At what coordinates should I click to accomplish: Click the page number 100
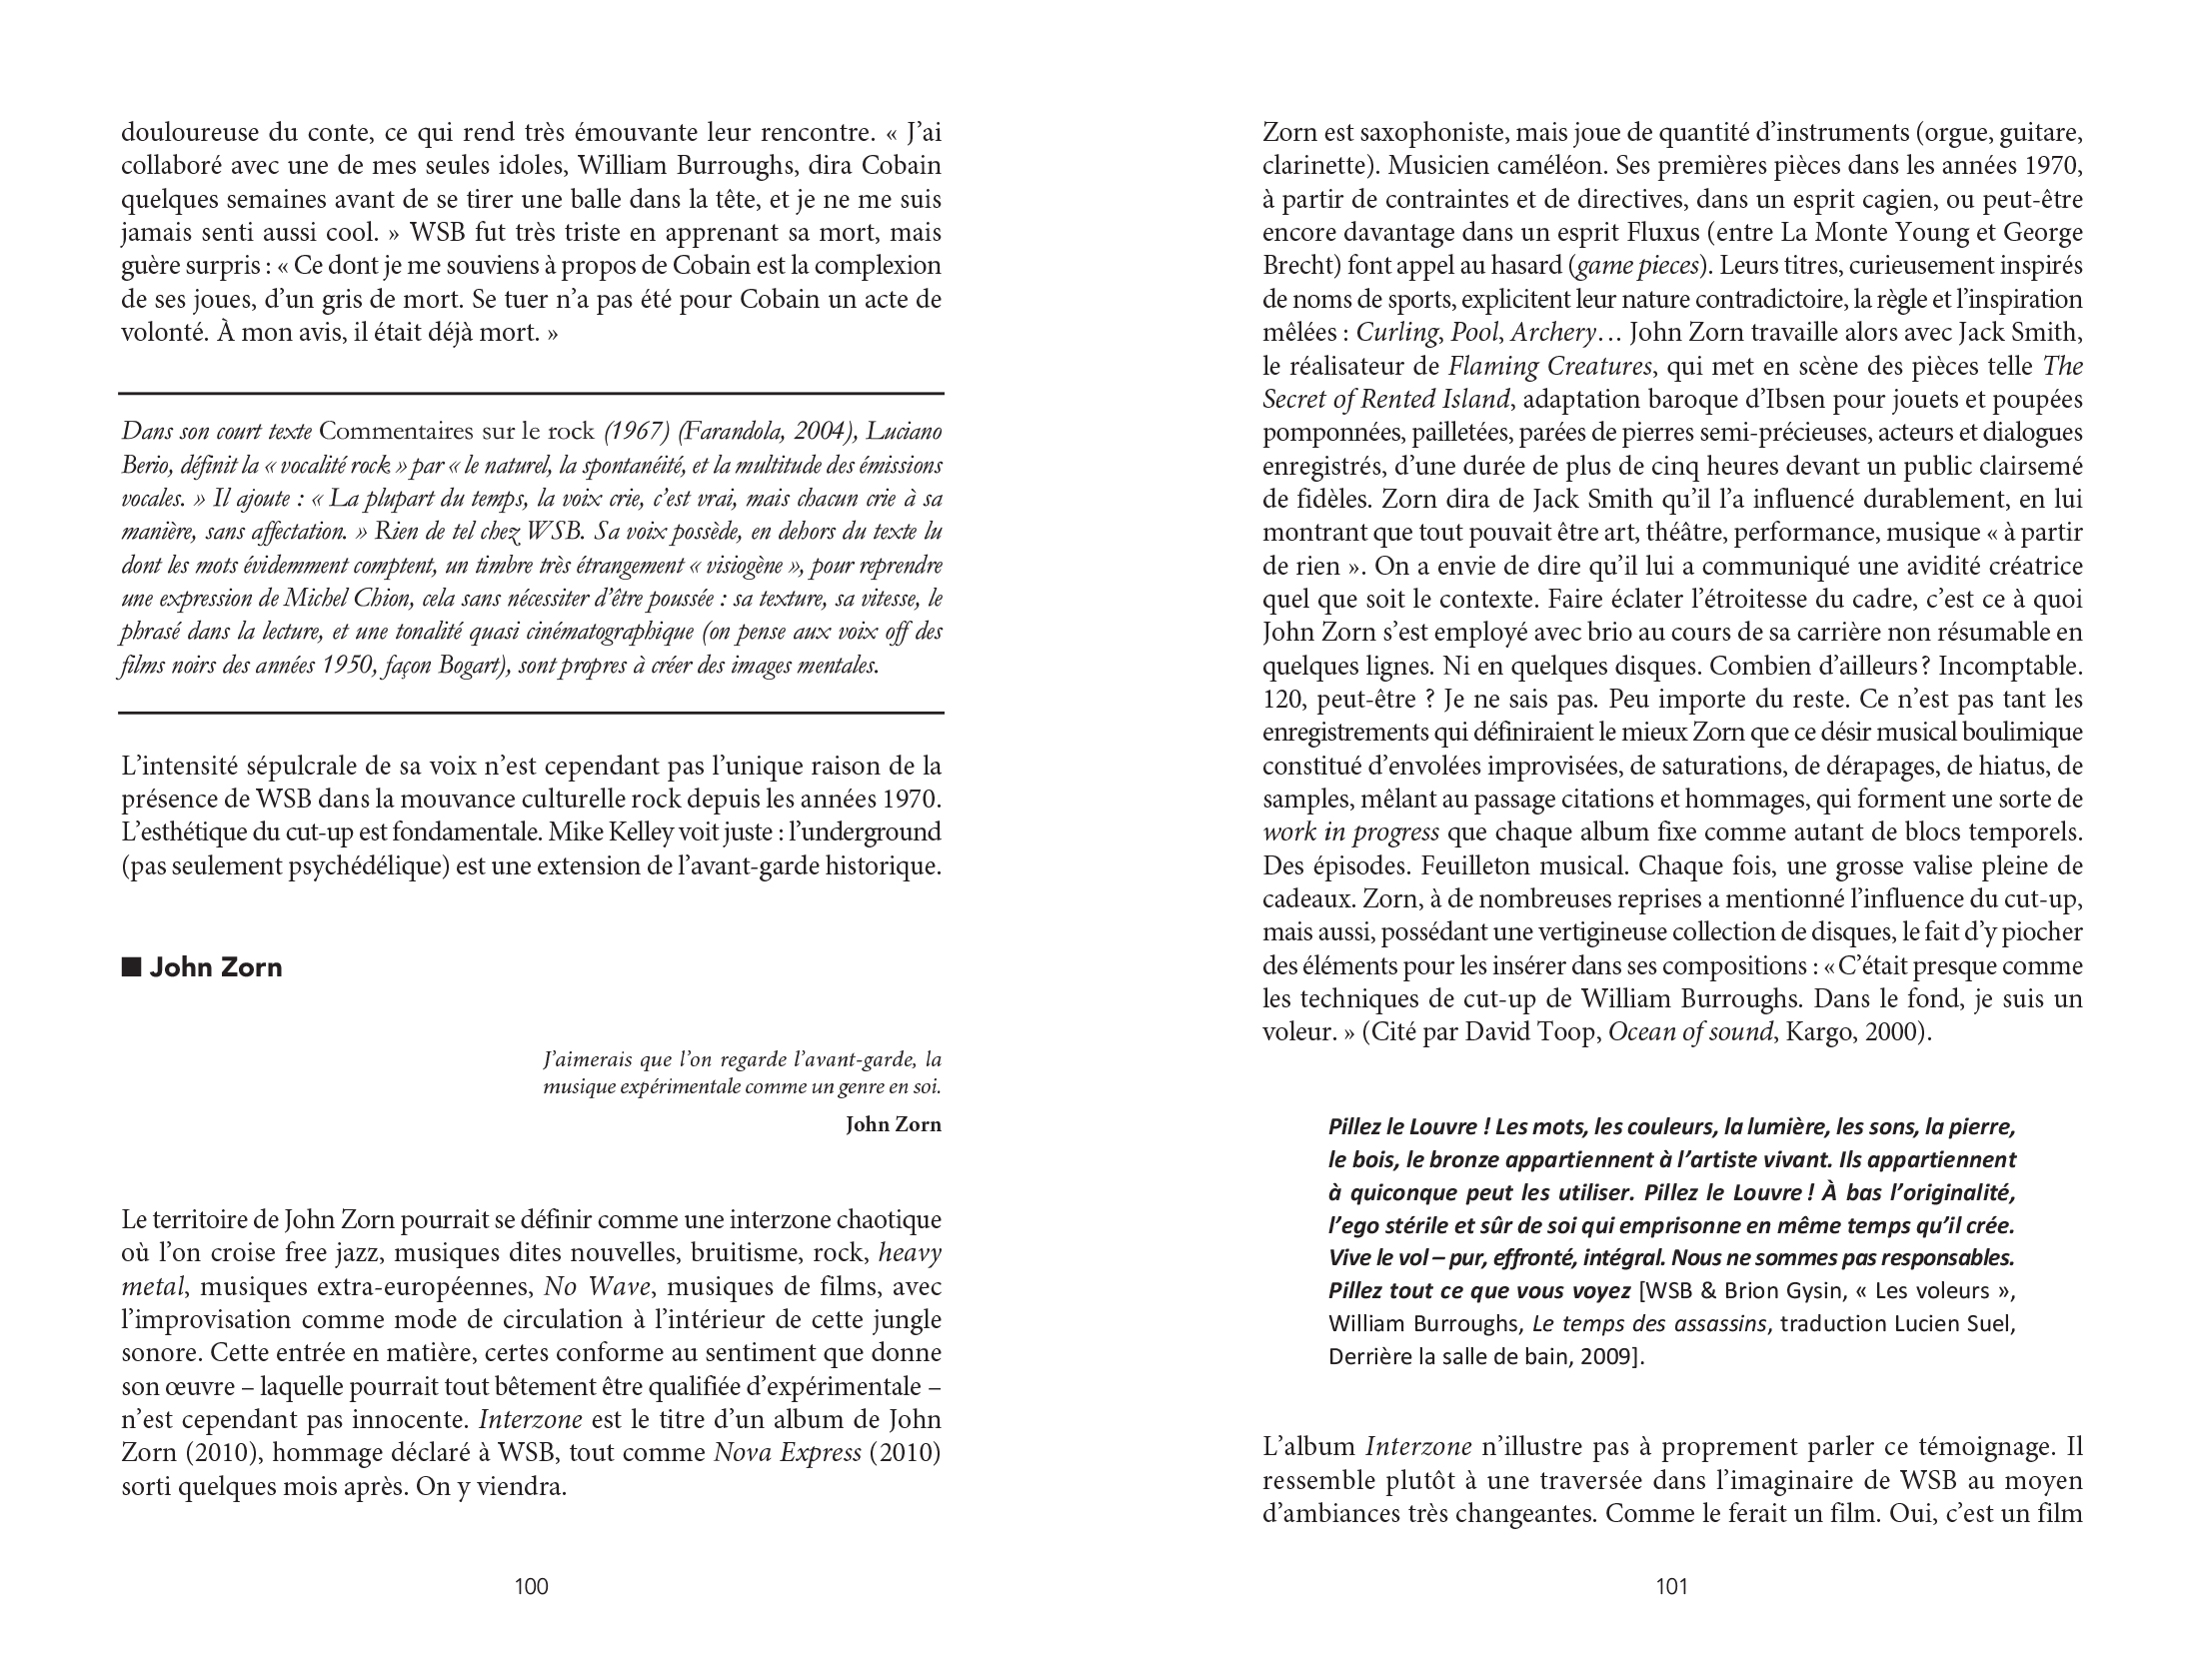[531, 1586]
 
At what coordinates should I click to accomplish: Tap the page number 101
[1671, 1586]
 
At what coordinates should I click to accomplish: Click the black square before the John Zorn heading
[130, 967]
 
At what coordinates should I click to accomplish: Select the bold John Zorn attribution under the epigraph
[893, 1124]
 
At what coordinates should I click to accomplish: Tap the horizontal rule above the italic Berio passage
[531, 393]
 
